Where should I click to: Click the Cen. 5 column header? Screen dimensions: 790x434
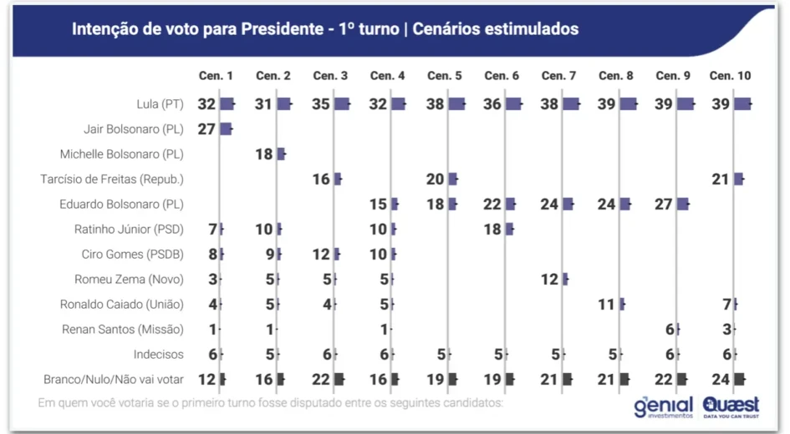tap(445, 75)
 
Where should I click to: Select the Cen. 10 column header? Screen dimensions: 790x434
tap(730, 75)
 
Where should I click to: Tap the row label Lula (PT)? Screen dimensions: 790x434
tap(160, 104)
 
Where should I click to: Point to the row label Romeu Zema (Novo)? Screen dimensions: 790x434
tap(129, 279)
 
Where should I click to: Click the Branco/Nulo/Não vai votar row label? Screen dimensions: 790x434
tap(114, 379)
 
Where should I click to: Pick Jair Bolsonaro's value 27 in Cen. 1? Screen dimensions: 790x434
tap(206, 129)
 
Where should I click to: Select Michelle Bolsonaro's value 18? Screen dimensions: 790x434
tap(264, 154)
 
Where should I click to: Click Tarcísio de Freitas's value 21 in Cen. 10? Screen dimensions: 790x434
tap(721, 179)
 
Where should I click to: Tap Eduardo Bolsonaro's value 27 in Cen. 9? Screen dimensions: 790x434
tap(664, 204)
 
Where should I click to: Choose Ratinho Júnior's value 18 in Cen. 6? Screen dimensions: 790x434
tap(492, 230)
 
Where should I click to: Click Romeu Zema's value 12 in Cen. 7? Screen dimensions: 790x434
tap(549, 279)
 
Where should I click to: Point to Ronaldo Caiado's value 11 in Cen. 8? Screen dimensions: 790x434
tap(607, 305)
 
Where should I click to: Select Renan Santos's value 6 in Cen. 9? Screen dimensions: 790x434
tap(670, 330)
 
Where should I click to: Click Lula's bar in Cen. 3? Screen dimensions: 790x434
tap(342, 104)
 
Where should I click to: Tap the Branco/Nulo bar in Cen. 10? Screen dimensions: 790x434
tap(740, 379)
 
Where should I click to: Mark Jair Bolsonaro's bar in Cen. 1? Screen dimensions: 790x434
tap(227, 129)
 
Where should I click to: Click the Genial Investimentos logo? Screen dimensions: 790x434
tap(664, 407)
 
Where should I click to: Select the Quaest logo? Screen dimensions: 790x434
tap(731, 407)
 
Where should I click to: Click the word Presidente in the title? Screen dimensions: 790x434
tap(283, 28)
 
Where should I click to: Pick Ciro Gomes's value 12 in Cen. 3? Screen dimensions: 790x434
tap(321, 255)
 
